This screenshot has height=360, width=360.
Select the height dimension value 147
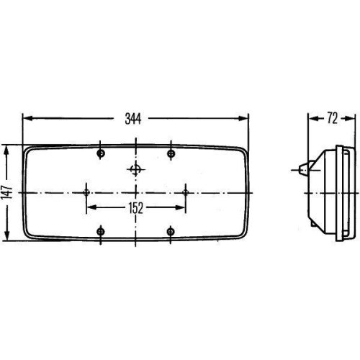click(7, 192)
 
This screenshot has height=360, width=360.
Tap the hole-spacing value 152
click(136, 207)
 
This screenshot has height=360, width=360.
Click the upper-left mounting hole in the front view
click(101, 153)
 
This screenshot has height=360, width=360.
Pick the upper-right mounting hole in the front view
click(171, 153)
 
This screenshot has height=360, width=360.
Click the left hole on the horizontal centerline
click(87, 192)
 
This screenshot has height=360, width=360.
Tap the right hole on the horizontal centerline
click(185, 192)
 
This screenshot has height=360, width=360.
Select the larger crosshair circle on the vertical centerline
click(136, 170)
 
